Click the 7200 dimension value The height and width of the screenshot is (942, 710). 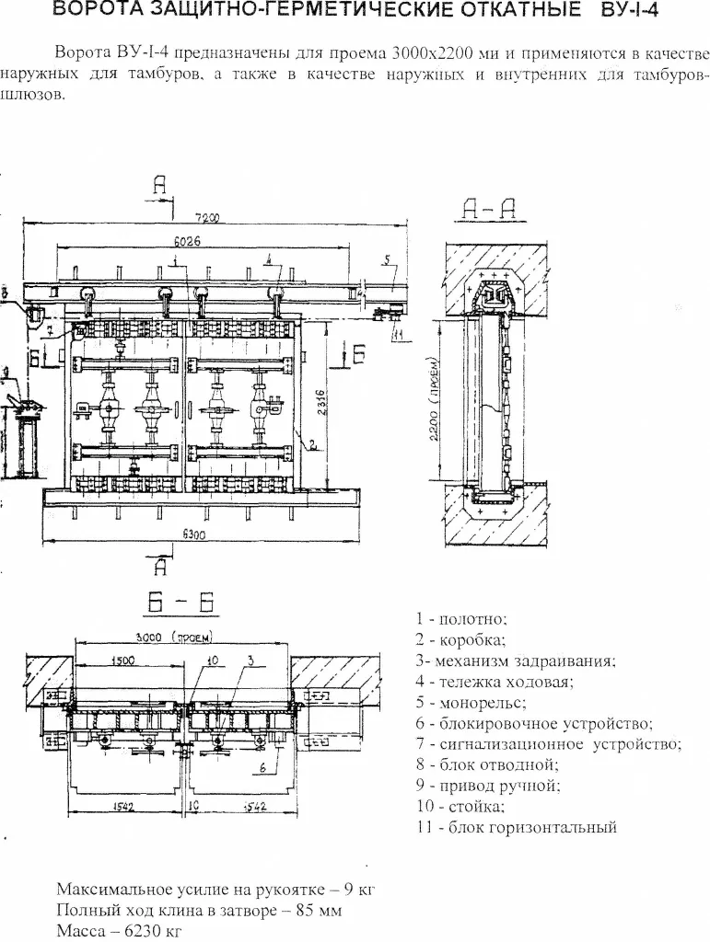coord(206,217)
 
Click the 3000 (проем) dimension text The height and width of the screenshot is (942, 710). coord(179,637)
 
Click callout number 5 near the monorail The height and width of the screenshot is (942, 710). coord(388,258)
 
